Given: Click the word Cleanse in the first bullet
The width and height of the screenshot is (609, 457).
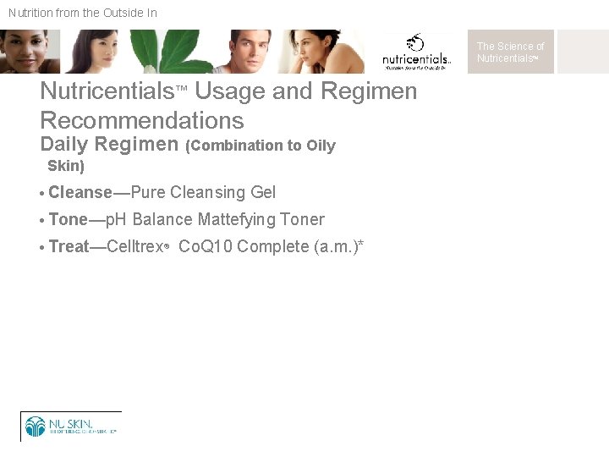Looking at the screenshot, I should coord(80,193).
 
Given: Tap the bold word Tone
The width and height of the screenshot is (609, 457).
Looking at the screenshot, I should coord(69,220).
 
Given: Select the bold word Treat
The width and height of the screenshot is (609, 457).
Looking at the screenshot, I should coord(69,247).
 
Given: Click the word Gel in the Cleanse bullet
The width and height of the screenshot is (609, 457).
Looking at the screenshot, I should coord(263,193).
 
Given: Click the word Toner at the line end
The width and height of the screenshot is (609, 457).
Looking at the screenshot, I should coord(302,220).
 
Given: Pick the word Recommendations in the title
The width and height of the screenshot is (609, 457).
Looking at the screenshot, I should coord(141,120).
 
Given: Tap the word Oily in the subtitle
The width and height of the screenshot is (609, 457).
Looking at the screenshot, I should coord(321,146).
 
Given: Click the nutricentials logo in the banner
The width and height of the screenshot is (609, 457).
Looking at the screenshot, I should coord(416,52).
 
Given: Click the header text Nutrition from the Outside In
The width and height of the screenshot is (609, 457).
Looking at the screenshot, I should coord(83,13).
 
